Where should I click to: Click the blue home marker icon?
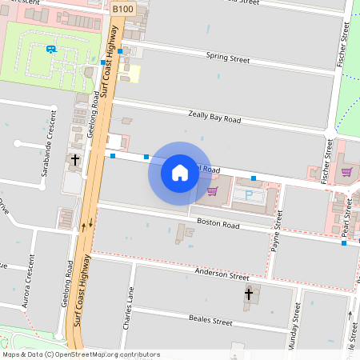pyautogui.click(x=180, y=172)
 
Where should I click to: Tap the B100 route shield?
pyautogui.click(x=122, y=8)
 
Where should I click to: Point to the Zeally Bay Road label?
pyautogui.click(x=214, y=118)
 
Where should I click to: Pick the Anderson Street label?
pyautogui.click(x=222, y=275)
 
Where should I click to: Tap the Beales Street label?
pyautogui.click(x=210, y=321)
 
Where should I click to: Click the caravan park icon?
pyautogui.click(x=52, y=49)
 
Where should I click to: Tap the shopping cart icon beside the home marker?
pyautogui.click(x=212, y=190)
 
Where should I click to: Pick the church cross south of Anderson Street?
pyautogui.click(x=248, y=295)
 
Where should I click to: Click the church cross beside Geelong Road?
pyautogui.click(x=75, y=160)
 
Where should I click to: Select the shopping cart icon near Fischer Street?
pyautogui.click(x=346, y=171)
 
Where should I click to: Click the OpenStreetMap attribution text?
pyautogui.click(x=81, y=354)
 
